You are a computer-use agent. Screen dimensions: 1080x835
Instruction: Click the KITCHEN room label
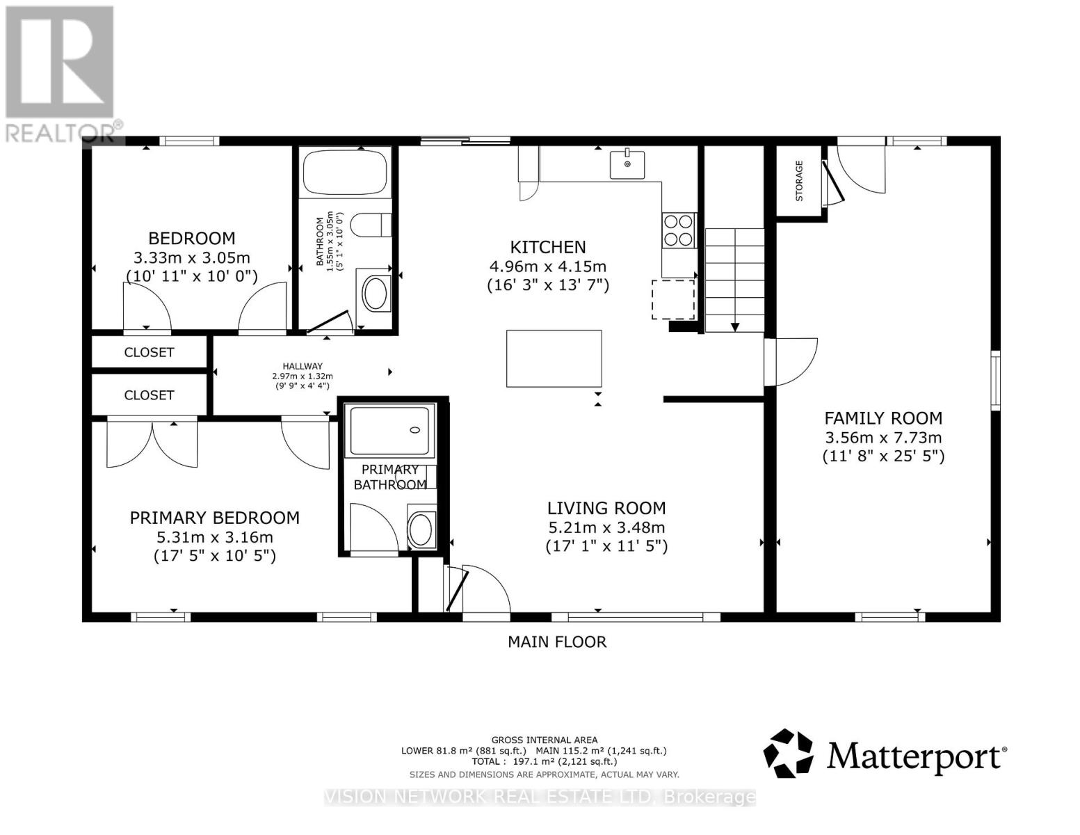[x=548, y=247]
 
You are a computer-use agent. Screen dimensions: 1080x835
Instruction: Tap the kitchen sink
[x=627, y=165]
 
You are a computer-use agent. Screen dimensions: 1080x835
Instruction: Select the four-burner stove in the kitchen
[x=679, y=230]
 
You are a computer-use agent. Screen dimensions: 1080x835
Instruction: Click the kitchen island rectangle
[x=554, y=358]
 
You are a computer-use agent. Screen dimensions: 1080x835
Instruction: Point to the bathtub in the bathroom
[x=345, y=172]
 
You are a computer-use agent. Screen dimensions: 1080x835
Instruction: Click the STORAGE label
[x=799, y=180]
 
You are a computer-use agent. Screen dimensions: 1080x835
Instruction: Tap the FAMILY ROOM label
[x=883, y=418]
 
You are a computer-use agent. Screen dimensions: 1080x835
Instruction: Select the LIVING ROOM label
[x=606, y=508]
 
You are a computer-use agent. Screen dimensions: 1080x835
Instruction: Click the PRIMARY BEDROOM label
[x=215, y=518]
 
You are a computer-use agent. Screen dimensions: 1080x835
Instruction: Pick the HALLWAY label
[x=303, y=365]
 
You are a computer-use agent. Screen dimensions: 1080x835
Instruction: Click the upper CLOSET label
[x=149, y=352]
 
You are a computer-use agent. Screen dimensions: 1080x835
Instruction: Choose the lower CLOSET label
[x=149, y=395]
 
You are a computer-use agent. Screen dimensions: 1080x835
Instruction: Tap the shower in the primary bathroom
[x=390, y=430]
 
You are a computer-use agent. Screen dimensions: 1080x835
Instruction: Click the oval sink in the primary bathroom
[x=421, y=530]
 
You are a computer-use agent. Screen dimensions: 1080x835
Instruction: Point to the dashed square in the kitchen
[x=673, y=299]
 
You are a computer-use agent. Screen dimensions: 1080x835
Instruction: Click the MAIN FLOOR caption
[x=557, y=642]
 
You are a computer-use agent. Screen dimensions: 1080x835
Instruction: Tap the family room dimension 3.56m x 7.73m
[x=883, y=438]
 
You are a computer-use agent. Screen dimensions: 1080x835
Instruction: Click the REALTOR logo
[x=62, y=74]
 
